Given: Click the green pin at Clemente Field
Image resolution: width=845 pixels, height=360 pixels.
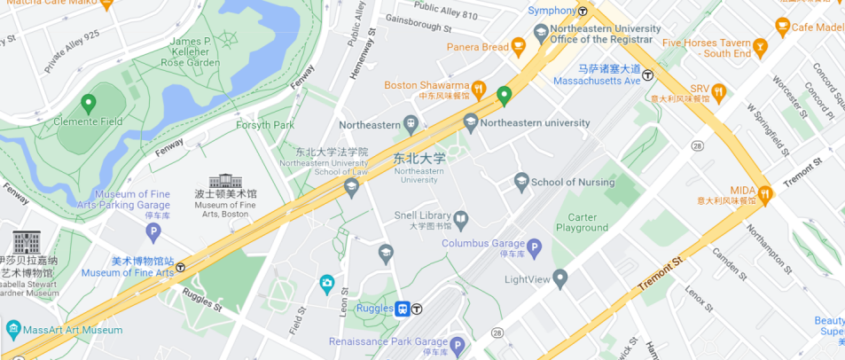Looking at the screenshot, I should (x=88, y=105).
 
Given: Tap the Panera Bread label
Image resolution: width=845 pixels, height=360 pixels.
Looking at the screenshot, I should (x=477, y=47).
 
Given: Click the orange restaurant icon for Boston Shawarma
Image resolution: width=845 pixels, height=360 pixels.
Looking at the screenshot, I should (x=479, y=87).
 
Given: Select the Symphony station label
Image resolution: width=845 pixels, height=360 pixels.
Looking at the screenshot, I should (x=552, y=11).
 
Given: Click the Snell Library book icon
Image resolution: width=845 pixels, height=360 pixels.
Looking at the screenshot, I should (x=461, y=217).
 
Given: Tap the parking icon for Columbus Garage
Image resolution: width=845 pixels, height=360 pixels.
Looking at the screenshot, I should (x=534, y=246).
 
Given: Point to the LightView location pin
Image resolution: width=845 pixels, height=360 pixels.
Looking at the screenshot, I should (x=559, y=278).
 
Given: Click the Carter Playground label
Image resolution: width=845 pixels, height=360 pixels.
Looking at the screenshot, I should (x=582, y=223).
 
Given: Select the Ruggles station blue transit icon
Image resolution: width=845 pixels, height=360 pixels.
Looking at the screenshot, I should (x=402, y=309).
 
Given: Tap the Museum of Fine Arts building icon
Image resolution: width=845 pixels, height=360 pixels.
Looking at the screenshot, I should (x=225, y=180).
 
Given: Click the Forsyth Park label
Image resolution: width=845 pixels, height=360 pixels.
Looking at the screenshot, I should (x=264, y=125).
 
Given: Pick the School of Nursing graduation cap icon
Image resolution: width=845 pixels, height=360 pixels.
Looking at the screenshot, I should (x=521, y=182).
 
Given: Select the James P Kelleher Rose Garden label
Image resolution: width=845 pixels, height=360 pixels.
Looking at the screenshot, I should (x=195, y=51).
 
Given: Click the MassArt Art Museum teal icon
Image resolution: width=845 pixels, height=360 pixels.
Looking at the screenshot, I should (x=13, y=330).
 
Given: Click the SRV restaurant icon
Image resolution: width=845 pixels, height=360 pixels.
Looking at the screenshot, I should (x=719, y=90).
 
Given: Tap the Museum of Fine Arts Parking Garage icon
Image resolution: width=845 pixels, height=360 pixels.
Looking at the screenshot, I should (x=153, y=232).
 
